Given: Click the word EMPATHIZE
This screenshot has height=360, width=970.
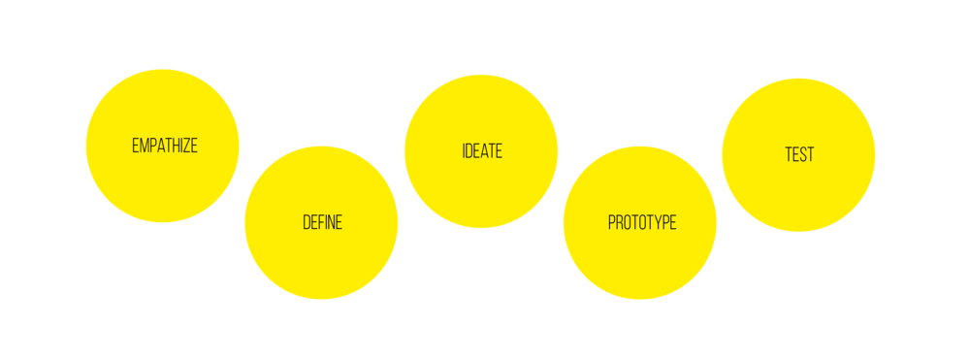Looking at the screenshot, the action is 164,147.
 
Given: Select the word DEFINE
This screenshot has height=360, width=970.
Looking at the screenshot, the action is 322,222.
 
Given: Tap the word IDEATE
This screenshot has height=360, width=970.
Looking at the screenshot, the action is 482,152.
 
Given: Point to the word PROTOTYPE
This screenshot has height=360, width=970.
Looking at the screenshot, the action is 641,222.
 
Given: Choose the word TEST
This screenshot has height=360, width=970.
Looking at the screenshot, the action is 799,154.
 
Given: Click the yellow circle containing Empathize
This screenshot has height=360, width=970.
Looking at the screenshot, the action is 162,184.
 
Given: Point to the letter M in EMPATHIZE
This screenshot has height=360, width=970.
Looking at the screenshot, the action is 144,147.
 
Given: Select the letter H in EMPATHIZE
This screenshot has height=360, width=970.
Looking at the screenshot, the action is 175,147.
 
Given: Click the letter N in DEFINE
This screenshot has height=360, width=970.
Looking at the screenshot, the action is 331,222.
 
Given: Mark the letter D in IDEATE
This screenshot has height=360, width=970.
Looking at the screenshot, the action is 469,152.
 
